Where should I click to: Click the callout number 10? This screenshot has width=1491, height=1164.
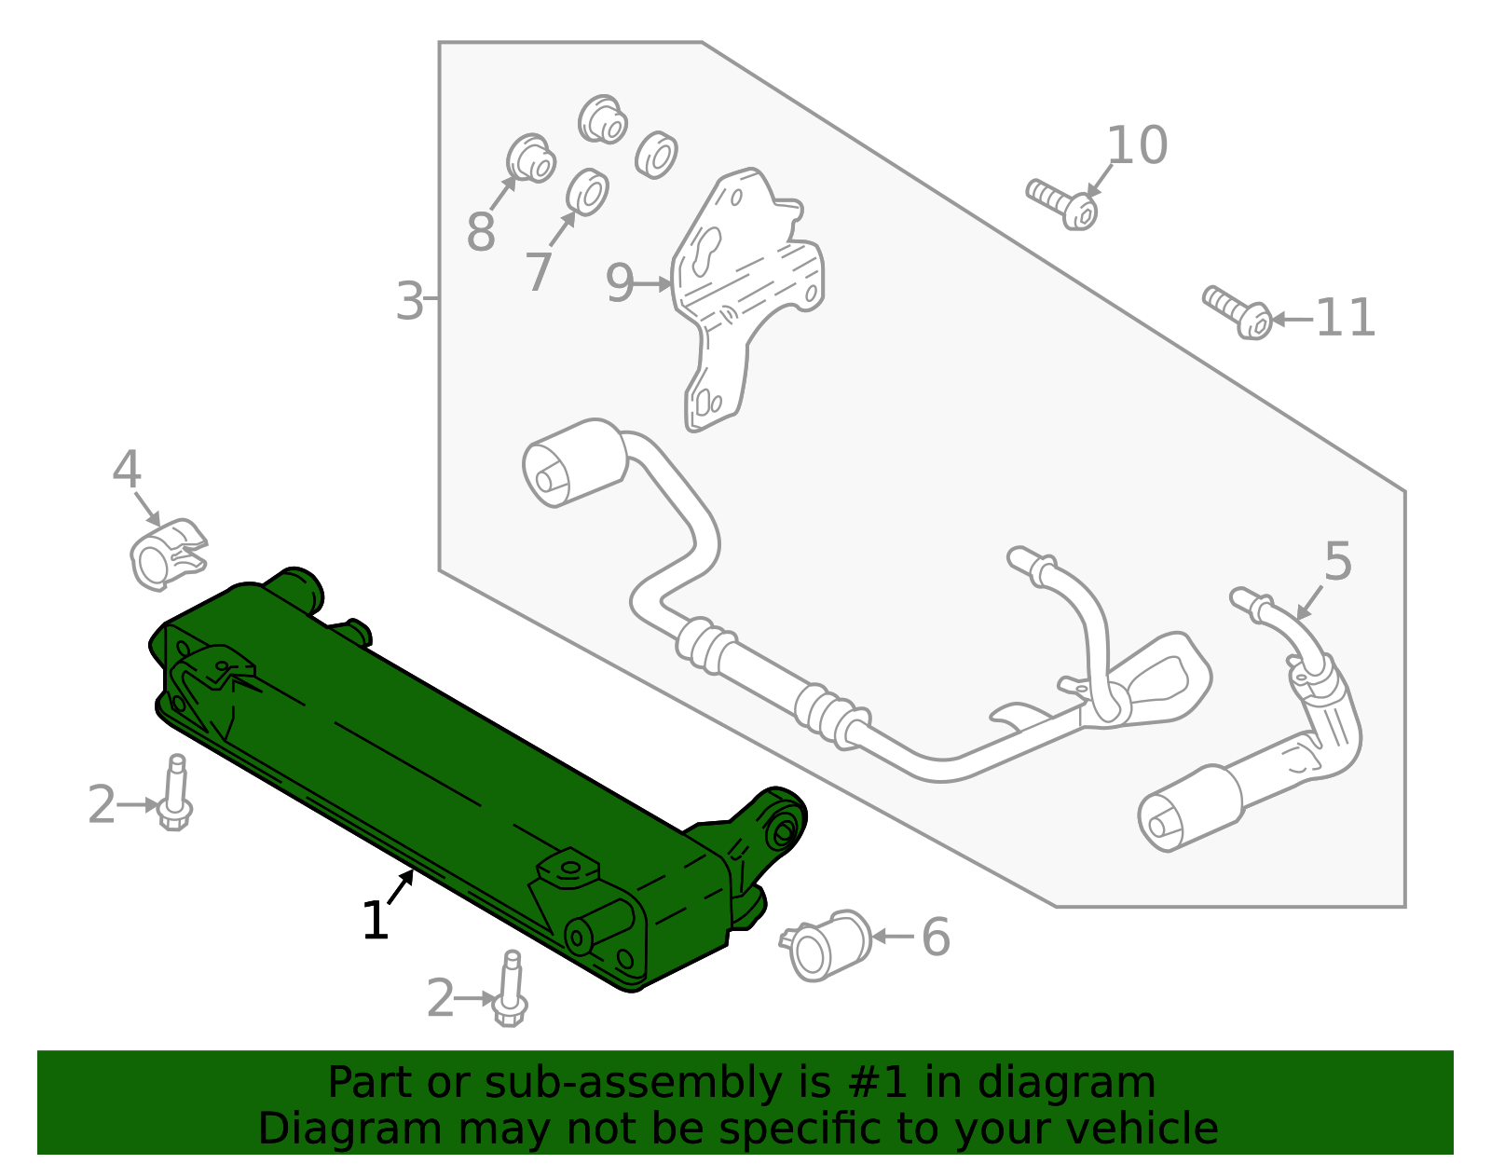pyautogui.click(x=1137, y=146)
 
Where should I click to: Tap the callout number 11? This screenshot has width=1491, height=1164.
pyautogui.click(x=1345, y=319)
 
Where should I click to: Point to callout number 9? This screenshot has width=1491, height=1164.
pyautogui.click(x=620, y=283)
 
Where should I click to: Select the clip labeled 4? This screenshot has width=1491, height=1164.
pyautogui.click(x=166, y=557)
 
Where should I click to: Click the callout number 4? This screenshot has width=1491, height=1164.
pyautogui.click(x=127, y=471)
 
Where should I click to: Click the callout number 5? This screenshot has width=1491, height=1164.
pyautogui.click(x=1337, y=563)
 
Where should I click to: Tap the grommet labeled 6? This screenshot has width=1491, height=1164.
pyautogui.click(x=825, y=945)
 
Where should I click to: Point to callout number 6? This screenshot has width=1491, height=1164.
pyautogui.click(x=936, y=938)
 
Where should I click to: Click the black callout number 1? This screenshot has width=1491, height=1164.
pyautogui.click(x=375, y=922)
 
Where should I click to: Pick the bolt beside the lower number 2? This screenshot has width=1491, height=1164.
pyautogui.click(x=510, y=990)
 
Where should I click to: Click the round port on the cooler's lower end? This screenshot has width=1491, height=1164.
pyautogui.click(x=581, y=938)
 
